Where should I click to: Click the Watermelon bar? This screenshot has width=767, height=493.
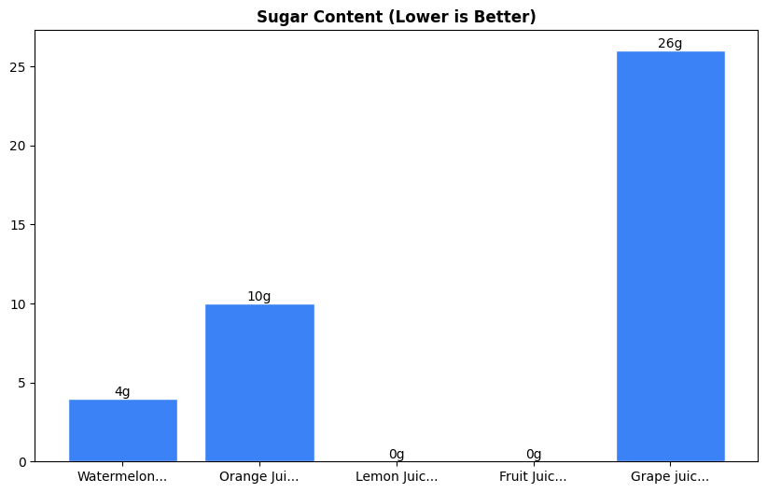(122, 430)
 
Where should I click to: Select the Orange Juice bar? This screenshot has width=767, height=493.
(259, 383)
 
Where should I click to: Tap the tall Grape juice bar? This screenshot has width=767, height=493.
(670, 257)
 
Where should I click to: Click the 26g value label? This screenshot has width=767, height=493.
(670, 43)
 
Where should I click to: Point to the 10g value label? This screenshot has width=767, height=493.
(259, 296)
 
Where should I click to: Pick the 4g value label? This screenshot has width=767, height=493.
(122, 391)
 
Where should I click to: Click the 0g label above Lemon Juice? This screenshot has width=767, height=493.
(397, 454)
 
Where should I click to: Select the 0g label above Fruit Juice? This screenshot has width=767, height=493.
(534, 454)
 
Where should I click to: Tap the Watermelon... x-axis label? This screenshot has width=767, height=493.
(122, 477)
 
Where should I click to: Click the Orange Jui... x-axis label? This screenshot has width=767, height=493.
(259, 477)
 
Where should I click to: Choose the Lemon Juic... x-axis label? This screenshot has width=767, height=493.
(397, 477)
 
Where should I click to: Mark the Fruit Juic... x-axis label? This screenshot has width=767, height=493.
(534, 477)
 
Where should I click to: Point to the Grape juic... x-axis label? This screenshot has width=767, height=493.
(670, 477)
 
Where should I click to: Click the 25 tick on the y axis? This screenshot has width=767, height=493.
(19, 67)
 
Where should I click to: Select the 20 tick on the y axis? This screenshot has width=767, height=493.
(19, 146)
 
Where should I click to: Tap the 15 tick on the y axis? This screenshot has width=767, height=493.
(19, 225)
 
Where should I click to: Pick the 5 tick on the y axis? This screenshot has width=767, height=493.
(22, 383)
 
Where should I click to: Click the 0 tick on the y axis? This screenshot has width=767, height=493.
(22, 461)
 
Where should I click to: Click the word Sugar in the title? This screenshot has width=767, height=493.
(278, 17)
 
